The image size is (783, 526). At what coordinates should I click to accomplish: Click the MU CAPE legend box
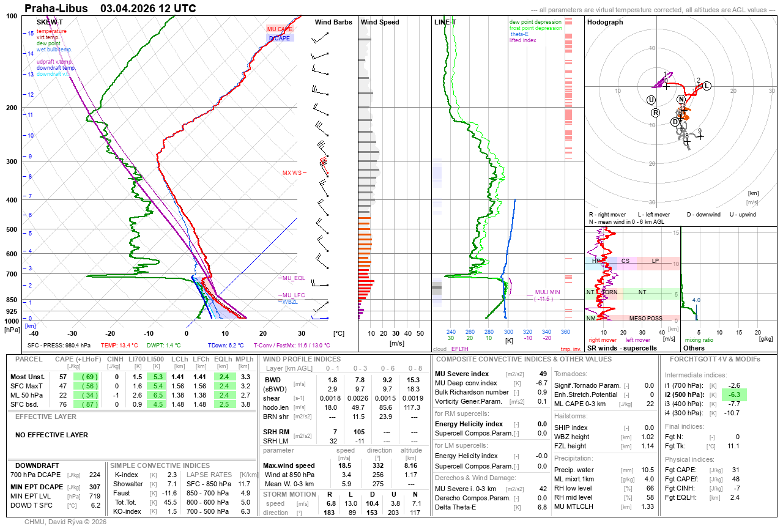[x=280, y=29]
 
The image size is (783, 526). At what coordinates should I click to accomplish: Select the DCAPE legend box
[x=280, y=38]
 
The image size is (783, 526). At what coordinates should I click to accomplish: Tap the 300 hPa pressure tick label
[x=12, y=161]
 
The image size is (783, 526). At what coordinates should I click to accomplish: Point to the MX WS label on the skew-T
[x=292, y=173]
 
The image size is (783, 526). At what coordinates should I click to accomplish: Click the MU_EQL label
[x=294, y=278]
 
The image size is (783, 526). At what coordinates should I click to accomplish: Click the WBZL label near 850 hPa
[x=290, y=302]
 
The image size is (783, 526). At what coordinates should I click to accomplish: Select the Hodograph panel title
[x=605, y=22]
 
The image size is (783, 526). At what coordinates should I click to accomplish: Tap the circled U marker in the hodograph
[x=651, y=100]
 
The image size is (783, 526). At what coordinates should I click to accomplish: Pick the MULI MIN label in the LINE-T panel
[x=548, y=292]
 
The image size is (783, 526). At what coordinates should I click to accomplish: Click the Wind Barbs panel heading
[x=333, y=22]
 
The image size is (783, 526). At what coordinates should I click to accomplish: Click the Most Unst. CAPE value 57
[x=63, y=377]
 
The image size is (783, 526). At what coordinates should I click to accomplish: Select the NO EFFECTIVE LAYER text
[x=51, y=435]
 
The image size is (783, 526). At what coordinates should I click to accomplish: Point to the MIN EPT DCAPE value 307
[x=94, y=487]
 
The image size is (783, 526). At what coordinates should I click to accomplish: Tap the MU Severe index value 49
[x=543, y=373]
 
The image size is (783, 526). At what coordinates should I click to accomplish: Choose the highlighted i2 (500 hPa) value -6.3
[x=734, y=395]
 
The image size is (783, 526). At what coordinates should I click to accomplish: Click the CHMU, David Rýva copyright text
[x=65, y=522]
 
